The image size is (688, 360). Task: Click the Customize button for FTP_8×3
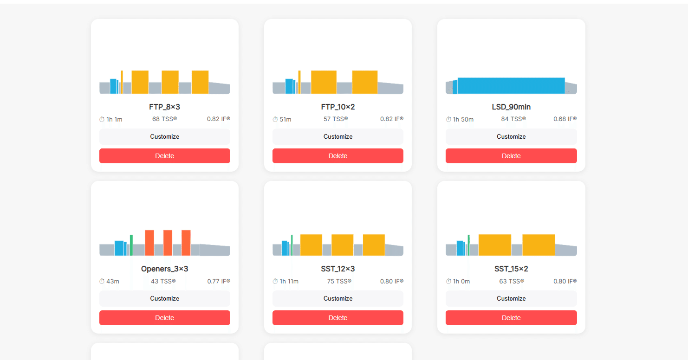(164, 136)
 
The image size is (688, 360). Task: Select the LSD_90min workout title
(511, 107)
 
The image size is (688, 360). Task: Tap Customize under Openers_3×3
(164, 298)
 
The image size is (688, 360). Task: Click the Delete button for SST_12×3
(338, 318)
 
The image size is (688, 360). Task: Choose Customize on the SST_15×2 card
(511, 298)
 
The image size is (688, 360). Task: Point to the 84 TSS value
(513, 119)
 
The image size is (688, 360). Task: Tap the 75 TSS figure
(339, 281)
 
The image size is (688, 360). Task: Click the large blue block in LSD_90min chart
(511, 86)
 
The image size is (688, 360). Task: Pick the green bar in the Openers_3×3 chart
(131, 245)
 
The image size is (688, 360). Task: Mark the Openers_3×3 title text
(164, 269)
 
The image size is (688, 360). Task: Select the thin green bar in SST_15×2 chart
(469, 245)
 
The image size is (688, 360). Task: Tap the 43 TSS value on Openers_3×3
(163, 281)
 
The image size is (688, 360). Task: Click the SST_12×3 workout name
(338, 269)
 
